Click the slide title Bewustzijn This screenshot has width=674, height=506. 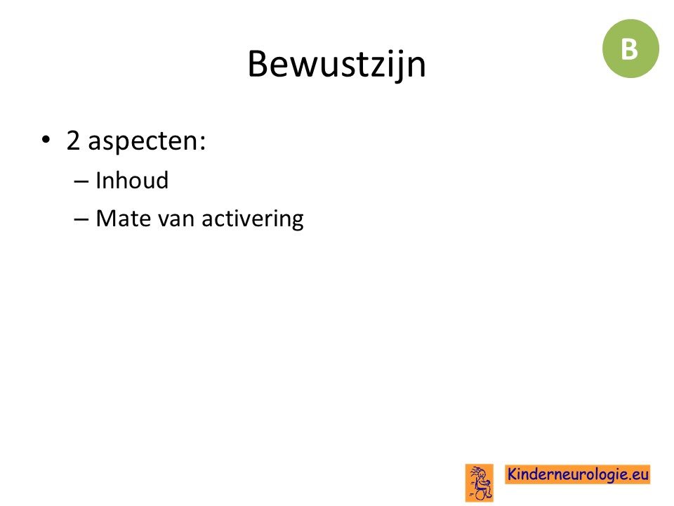[336, 65]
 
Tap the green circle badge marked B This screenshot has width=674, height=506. [630, 48]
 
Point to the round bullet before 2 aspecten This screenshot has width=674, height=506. [46, 140]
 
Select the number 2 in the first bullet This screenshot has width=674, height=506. [73, 141]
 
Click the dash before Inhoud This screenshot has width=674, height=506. [81, 181]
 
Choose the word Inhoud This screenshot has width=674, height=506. [132, 180]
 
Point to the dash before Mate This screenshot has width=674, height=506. [81, 219]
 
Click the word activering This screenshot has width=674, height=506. [253, 219]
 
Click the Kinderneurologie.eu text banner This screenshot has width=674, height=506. [577, 474]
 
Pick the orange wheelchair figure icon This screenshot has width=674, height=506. [480, 483]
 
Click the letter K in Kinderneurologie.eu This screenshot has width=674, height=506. [513, 474]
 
